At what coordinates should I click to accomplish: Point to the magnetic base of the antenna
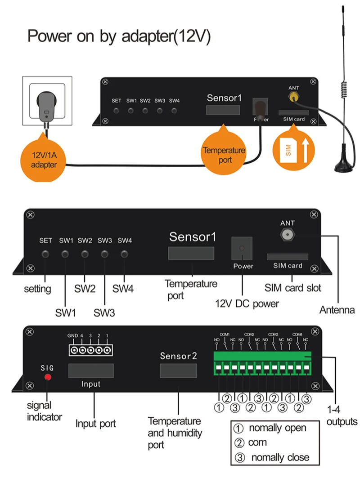[345, 167]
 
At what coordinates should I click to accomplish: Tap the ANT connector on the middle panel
[287, 234]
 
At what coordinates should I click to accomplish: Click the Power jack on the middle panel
[242, 248]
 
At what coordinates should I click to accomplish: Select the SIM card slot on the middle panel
[287, 256]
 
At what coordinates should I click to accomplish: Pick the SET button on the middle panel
[45, 254]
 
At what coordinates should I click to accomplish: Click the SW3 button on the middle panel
[105, 254]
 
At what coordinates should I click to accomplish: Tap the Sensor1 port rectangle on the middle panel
[191, 252]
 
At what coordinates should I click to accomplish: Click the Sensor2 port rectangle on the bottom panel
[178, 370]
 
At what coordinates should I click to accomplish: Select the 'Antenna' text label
[337, 310]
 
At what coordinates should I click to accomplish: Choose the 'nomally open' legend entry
[271, 428]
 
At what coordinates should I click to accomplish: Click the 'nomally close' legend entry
[273, 457]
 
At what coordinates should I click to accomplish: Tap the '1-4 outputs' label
[341, 416]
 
